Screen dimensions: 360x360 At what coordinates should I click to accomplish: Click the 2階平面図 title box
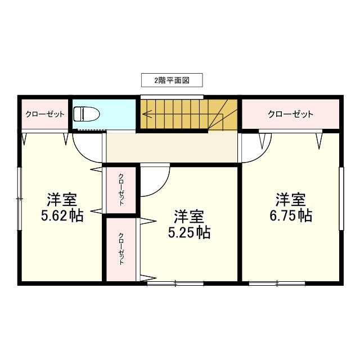171,80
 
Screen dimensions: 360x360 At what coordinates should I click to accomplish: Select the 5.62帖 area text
62,215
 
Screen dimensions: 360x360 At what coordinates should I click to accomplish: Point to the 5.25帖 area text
189,232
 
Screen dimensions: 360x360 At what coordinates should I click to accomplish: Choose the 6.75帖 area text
290,215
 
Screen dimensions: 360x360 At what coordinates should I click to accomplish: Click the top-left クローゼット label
44,114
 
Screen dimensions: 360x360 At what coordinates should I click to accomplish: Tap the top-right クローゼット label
290,114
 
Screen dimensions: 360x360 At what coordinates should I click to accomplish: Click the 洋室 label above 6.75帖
290,199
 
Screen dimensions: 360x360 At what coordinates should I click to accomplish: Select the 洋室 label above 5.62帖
62,199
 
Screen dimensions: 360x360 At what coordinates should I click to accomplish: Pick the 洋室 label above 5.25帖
189,216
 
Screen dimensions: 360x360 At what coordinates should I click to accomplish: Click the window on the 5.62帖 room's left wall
20,198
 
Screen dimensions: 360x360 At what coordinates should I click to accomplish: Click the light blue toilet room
118,114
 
